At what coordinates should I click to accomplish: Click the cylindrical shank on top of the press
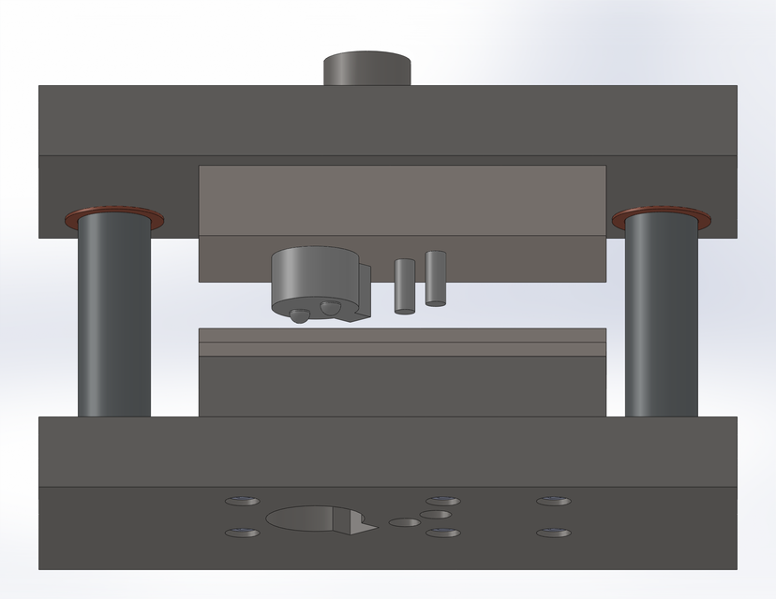pos(367,69)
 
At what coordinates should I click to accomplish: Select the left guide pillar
pos(113,318)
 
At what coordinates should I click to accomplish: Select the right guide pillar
pos(662,318)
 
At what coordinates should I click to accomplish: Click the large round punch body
pos(313,276)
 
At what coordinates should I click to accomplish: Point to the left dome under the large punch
pos(298,316)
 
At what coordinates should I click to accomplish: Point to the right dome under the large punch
pos(328,308)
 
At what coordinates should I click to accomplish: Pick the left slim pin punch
pos(405,285)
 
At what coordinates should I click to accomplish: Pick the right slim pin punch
pos(435,277)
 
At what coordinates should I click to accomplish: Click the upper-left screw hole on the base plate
pos(243,501)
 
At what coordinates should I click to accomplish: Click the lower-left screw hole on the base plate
pos(243,533)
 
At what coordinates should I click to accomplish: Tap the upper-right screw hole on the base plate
pos(553,501)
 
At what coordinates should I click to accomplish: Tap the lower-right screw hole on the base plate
pos(553,533)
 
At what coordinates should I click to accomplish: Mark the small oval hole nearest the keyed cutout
pos(404,522)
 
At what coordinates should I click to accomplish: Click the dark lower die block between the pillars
pos(402,386)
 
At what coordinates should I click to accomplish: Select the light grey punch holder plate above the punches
pos(402,201)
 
